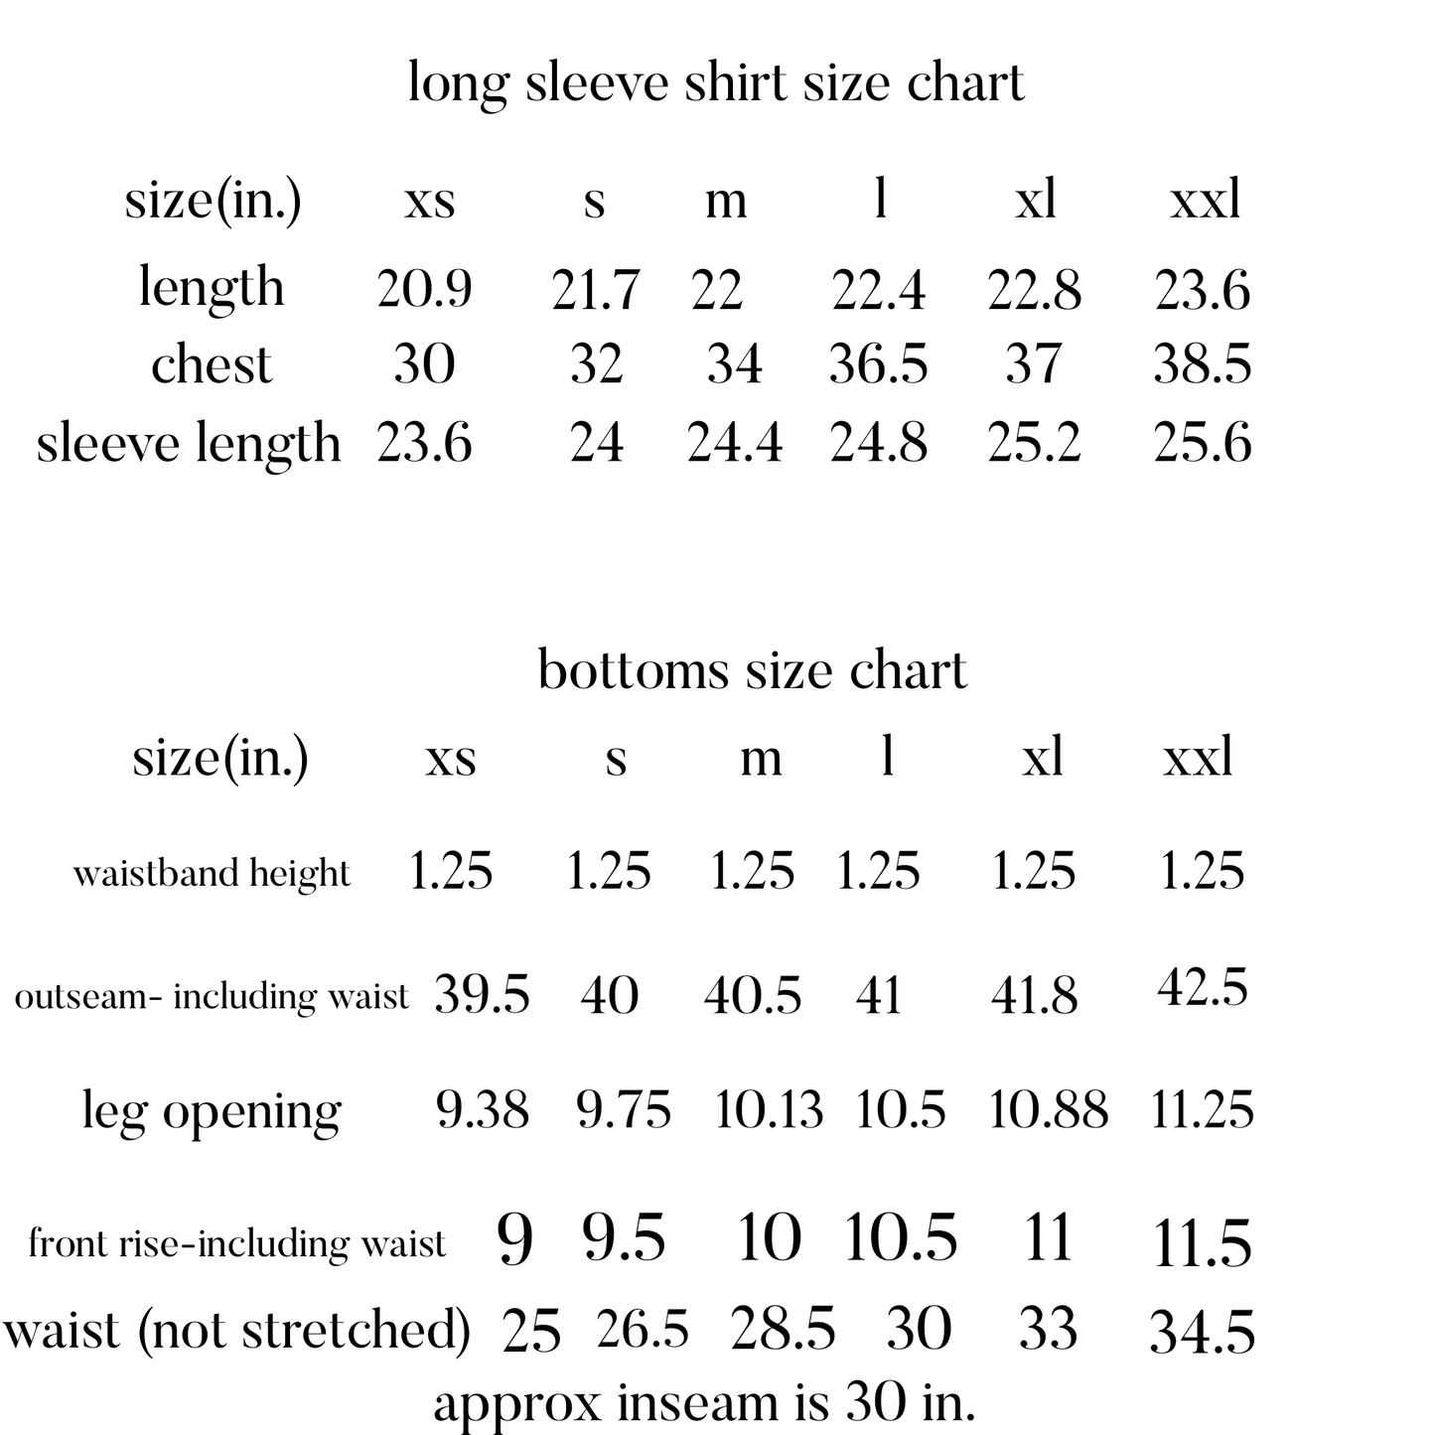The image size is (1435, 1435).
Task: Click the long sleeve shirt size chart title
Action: point(716,82)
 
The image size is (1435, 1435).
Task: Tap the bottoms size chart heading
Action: point(752,670)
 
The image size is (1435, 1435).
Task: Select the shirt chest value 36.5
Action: point(878,364)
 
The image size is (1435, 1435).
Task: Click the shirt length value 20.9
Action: point(424,289)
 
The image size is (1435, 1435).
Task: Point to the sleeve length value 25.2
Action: point(1034,443)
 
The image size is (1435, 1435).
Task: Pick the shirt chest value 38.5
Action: point(1202,364)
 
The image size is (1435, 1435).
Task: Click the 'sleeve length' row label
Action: point(189,443)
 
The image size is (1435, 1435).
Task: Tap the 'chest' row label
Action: point(212,364)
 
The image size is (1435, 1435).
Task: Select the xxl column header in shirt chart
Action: point(1205,200)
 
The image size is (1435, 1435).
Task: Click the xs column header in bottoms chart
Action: point(451,759)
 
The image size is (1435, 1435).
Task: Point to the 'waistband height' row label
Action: point(212,874)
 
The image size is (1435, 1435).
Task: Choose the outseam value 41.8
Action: point(1034,995)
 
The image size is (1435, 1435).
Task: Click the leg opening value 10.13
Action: point(769,1110)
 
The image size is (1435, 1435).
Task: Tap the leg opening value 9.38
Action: point(483,1110)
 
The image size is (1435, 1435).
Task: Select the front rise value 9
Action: point(514,1240)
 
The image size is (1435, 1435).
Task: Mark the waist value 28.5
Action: point(783,1330)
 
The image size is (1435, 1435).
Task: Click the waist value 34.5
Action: point(1202,1333)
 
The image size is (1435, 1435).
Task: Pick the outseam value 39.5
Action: point(483,995)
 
